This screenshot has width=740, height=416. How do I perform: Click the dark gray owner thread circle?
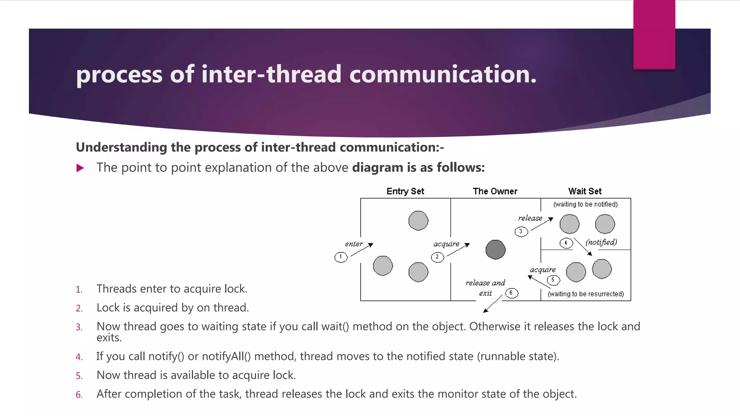495,250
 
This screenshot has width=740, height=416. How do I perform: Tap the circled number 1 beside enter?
341,257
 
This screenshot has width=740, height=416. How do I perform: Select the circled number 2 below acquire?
437,257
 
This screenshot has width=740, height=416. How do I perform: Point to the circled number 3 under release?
521,231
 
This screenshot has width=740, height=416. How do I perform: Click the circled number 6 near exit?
511,293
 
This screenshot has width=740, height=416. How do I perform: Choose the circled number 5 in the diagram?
553,280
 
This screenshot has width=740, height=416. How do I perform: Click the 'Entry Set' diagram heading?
405,191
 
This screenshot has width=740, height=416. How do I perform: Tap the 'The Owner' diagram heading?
495,191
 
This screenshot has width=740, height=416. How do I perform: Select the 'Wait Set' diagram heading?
585,191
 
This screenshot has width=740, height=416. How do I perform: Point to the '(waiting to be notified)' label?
585,204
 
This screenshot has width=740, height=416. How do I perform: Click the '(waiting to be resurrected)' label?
586,294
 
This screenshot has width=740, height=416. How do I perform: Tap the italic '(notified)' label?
601,242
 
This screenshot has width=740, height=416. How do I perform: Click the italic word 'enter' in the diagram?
354,244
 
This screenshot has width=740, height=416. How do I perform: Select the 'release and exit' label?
485,288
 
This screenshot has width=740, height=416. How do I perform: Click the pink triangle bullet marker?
80,168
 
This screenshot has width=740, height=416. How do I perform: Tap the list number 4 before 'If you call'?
79,357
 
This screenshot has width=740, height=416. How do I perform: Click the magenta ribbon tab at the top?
654,34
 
